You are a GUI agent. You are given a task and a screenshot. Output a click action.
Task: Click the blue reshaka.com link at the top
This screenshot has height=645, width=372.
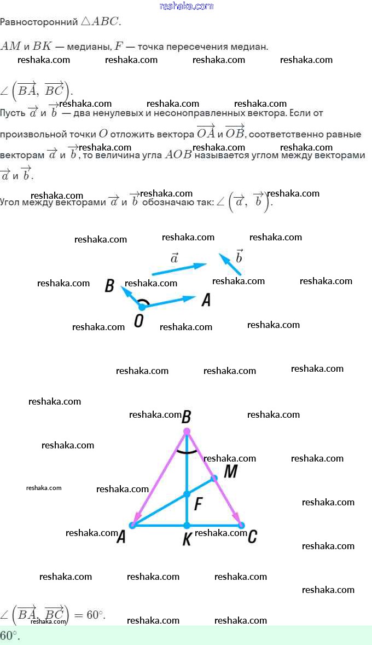pyautogui.click(x=186, y=6)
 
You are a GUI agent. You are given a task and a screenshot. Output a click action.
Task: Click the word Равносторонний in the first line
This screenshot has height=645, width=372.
pyautogui.click(x=39, y=22)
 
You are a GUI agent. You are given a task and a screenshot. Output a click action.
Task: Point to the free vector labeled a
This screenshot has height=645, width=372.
pyautogui.click(x=178, y=268)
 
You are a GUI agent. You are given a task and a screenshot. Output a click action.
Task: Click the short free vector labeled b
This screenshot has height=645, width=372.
pyautogui.click(x=230, y=263)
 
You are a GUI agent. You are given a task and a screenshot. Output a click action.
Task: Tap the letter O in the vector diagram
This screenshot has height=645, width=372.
pyautogui.click(x=139, y=321)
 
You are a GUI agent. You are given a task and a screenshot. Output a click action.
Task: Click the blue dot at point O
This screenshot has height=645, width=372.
pyautogui.click(x=142, y=307)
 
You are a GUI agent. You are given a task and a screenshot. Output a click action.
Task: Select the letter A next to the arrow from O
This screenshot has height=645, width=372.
pyautogui.click(x=206, y=300)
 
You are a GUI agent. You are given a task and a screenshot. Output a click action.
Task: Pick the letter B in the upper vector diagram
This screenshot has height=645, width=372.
pyautogui.click(x=109, y=286)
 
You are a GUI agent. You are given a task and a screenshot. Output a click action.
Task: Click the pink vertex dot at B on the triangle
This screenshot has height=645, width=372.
pyautogui.click(x=187, y=431)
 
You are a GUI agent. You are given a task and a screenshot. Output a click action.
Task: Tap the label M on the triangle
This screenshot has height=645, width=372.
pyautogui.click(x=230, y=471)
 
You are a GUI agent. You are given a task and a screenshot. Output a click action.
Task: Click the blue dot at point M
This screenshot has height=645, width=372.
pyautogui.click(x=214, y=478)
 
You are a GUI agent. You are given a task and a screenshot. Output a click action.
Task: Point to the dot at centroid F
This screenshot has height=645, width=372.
pyautogui.click(x=187, y=494)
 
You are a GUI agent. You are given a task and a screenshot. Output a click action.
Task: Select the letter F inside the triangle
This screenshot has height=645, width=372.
pyautogui.click(x=199, y=504)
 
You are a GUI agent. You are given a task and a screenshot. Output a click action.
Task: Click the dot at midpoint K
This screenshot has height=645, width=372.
pyautogui.click(x=187, y=526)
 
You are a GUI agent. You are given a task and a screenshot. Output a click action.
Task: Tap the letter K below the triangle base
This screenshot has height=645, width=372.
pyautogui.click(x=187, y=539)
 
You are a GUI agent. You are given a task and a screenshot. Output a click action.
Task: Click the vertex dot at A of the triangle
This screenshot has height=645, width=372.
pyautogui.click(x=132, y=526)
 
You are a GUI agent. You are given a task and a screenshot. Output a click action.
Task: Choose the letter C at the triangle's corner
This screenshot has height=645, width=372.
pyautogui.click(x=252, y=537)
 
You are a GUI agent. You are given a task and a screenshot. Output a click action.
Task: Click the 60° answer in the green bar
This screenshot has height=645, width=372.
pyautogui.click(x=10, y=636)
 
